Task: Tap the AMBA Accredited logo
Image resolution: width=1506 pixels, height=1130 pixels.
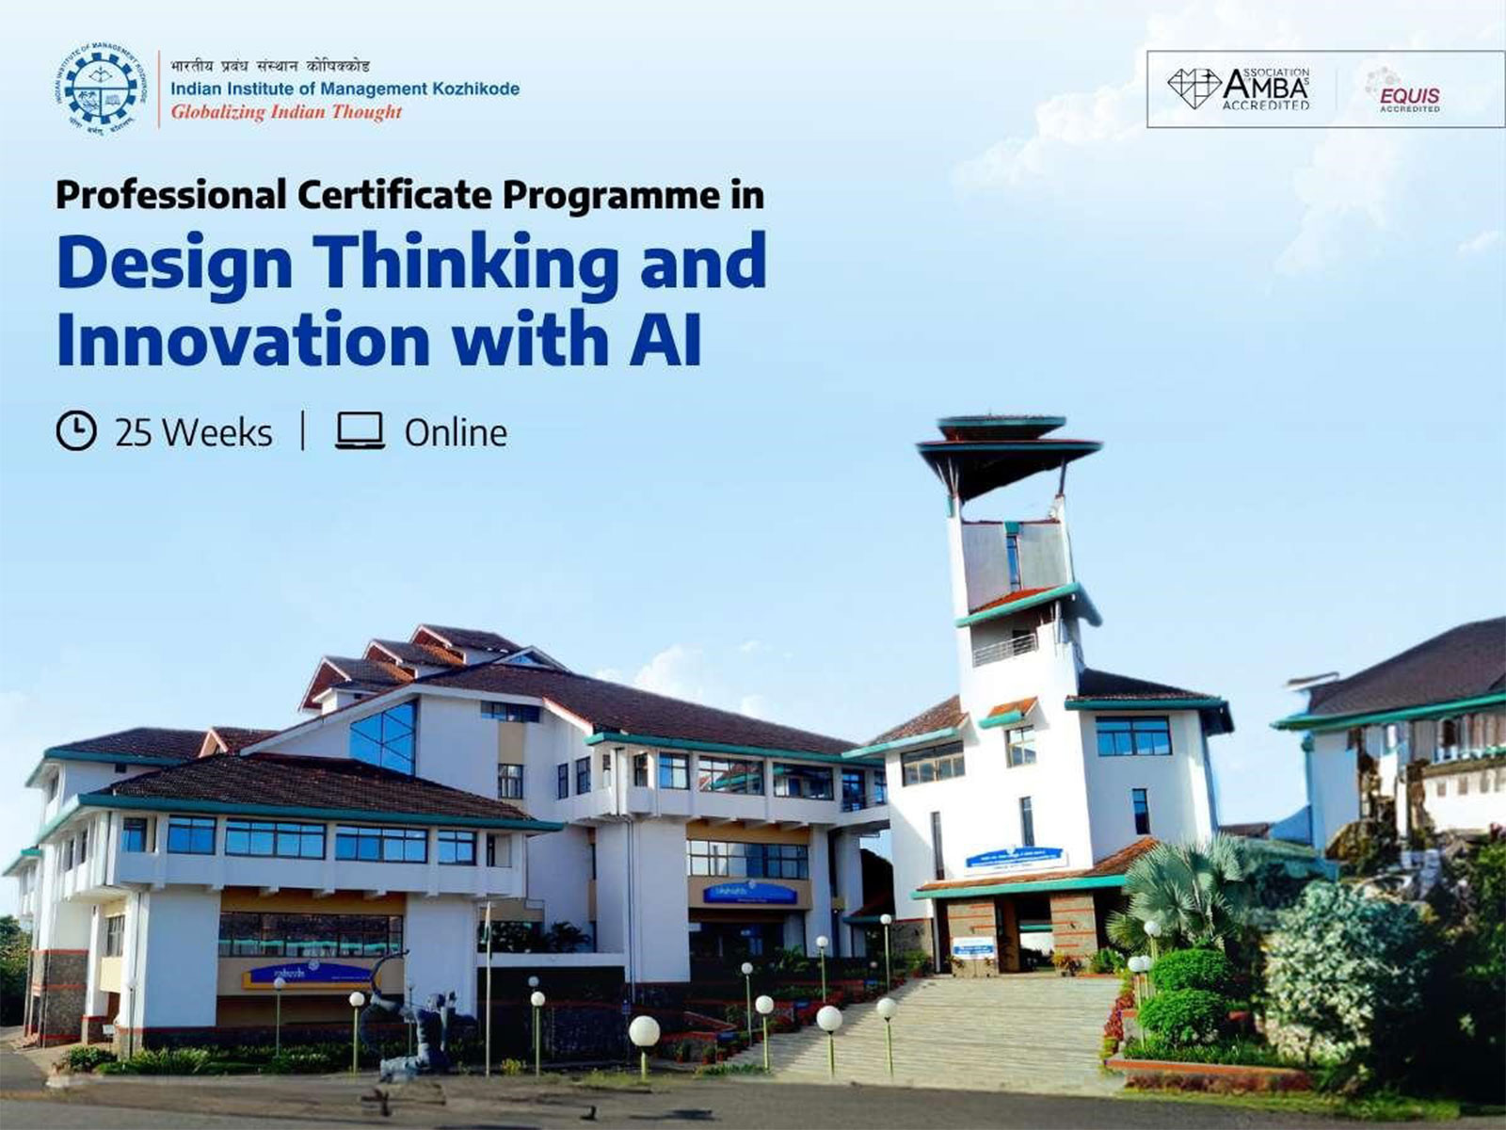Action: pyautogui.click(x=1240, y=89)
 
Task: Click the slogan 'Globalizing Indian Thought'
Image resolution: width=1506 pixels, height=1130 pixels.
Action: pyautogui.click(x=286, y=112)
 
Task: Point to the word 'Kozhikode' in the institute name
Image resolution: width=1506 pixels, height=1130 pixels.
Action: pyautogui.click(x=475, y=89)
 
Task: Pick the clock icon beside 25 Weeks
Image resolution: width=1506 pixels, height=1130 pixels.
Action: pyautogui.click(x=76, y=431)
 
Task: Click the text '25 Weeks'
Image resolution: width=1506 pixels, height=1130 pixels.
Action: pyautogui.click(x=193, y=433)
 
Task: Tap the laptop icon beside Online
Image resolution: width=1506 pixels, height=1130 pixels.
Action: pyautogui.click(x=360, y=431)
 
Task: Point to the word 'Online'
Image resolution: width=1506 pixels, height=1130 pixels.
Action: pyautogui.click(x=456, y=433)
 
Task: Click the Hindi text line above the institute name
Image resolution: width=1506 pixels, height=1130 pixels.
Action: pyautogui.click(x=270, y=66)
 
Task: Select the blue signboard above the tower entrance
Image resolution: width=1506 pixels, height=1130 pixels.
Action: pyautogui.click(x=1016, y=857)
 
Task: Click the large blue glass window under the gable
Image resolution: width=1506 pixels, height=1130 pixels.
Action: pyautogui.click(x=383, y=735)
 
